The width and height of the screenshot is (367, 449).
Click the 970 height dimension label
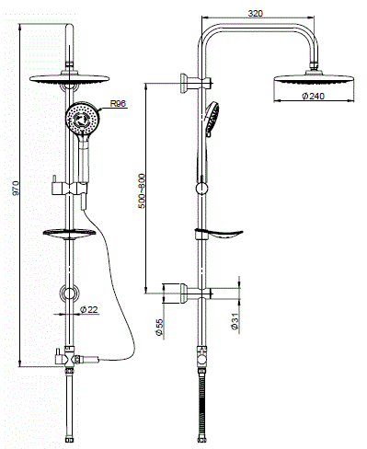pos(16,188)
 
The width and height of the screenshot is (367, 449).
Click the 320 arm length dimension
pos(256,14)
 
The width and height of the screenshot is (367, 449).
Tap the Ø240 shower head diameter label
pos(313,96)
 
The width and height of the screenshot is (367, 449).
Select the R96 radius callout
pos(118,103)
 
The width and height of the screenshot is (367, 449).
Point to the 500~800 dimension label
pos(142,191)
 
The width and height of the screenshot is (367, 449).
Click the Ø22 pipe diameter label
pos(89,310)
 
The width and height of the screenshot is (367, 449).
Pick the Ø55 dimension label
pos(159,328)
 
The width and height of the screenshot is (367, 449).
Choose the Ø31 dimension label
pos(235,322)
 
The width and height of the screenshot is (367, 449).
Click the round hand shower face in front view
pos(82,118)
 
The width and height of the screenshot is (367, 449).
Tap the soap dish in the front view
pos(69,234)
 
